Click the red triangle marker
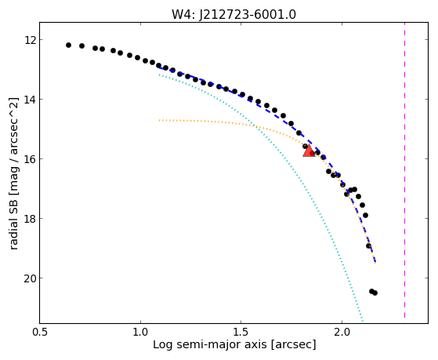point(309,151)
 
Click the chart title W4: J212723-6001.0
point(233,15)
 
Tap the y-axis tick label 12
point(30,40)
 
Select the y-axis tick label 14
point(30,100)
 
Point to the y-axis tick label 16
point(30,159)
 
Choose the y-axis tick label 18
point(30,219)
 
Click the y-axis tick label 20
point(30,278)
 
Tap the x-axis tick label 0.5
point(40,332)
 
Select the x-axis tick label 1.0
point(140,332)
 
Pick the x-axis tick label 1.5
point(241,332)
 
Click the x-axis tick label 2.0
point(342,332)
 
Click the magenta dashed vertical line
point(404,170)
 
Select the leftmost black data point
point(68,45)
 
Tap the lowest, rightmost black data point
point(375,293)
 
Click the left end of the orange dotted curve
point(160,120)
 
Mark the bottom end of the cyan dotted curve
point(362,321)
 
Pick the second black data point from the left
point(81,45)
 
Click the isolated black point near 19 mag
point(368,245)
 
